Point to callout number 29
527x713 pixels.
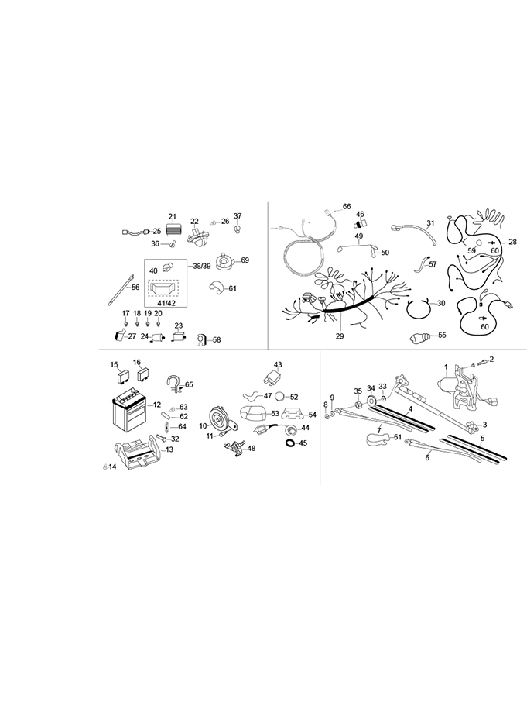340,336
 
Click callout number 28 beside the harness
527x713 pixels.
512,243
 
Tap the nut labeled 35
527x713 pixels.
358,403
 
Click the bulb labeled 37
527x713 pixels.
238,229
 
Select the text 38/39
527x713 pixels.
202,265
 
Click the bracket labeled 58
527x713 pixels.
200,339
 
